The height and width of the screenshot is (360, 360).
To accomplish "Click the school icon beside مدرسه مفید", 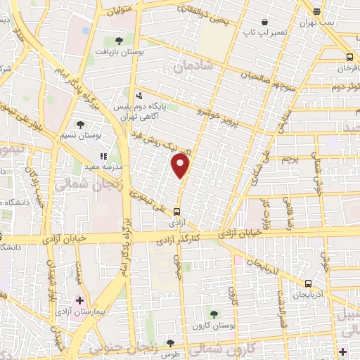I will [103, 156].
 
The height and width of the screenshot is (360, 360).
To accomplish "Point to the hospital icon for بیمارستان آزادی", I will [80, 300].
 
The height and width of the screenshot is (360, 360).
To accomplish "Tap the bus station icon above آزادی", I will [177, 210].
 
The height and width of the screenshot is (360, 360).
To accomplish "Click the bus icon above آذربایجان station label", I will [307, 283].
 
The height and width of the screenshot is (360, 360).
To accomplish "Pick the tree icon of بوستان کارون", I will [214, 314].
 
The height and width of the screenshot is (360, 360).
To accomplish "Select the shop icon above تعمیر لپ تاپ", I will [264, 22].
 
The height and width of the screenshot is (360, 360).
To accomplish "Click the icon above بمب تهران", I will [316, 11].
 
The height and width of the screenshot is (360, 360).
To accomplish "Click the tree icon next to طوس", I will [170, 344].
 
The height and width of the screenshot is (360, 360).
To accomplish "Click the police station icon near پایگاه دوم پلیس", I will [139, 94].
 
